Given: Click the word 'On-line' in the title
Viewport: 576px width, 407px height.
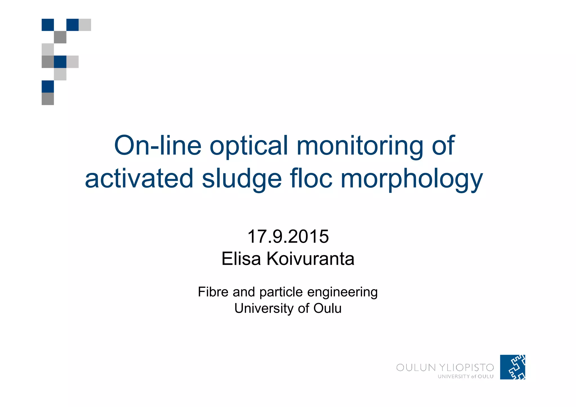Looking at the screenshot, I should point(158,146).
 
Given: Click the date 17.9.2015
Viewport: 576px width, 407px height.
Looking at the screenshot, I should point(288,236).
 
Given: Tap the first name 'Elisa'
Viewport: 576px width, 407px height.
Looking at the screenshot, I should point(241,259).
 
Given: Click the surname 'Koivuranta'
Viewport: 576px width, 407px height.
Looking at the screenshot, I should point(310,259).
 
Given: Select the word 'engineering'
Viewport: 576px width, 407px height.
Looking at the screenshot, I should point(342,292).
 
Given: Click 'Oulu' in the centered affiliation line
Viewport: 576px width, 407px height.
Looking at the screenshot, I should point(327,308).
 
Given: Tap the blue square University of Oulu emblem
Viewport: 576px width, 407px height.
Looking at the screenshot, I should point(512,367).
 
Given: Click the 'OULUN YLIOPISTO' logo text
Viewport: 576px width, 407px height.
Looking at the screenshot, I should point(445,368).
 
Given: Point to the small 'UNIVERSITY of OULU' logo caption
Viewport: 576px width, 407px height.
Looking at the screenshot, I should point(465,377).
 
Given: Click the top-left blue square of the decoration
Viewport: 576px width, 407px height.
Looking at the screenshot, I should point(48,25).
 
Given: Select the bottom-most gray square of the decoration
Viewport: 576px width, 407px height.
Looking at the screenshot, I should point(48,99).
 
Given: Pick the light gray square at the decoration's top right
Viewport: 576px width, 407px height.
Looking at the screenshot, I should point(85,25).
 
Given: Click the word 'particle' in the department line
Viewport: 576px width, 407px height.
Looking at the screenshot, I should point(281,292).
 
